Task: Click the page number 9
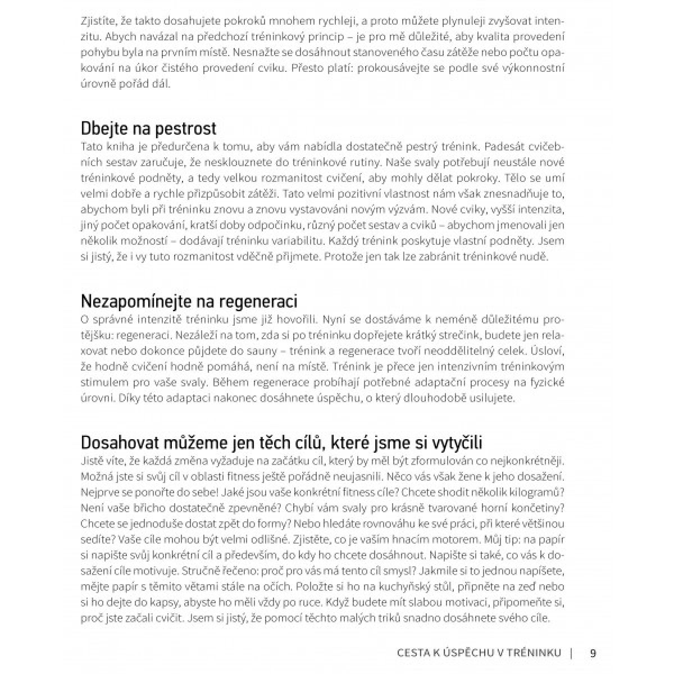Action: point(593,653)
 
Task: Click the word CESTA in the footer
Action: point(414,653)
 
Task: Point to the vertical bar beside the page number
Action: point(571,653)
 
